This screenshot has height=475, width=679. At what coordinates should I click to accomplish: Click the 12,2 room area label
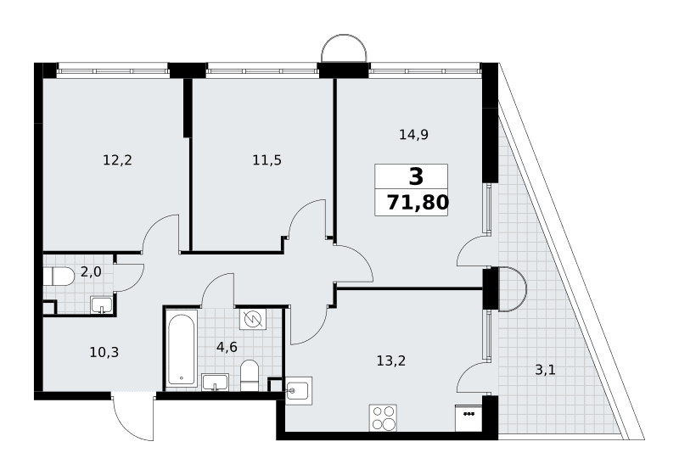click(117, 160)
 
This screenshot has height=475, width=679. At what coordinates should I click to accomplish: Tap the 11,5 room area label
click(267, 160)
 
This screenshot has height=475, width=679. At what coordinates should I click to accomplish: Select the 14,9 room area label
click(413, 135)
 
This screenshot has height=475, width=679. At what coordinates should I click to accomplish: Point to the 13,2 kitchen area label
click(391, 360)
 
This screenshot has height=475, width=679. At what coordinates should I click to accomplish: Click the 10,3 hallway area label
click(104, 352)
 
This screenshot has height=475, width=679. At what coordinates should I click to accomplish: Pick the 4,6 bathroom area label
click(227, 347)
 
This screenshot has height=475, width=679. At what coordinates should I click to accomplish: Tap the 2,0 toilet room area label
click(91, 271)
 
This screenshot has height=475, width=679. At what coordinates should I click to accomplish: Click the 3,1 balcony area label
click(545, 370)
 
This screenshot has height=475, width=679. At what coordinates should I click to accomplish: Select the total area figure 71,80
click(418, 202)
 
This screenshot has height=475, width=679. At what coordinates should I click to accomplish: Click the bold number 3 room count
click(416, 176)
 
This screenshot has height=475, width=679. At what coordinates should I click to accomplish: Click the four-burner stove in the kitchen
click(384, 418)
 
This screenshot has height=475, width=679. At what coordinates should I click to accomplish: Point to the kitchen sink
click(299, 391)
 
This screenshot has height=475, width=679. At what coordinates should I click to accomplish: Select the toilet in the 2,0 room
click(59, 277)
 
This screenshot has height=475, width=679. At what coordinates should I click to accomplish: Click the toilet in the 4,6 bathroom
click(249, 375)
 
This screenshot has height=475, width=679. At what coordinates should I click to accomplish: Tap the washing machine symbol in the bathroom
click(253, 319)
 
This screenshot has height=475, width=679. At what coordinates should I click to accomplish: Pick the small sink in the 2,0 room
click(102, 305)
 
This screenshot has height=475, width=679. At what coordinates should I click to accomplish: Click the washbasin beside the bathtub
click(216, 382)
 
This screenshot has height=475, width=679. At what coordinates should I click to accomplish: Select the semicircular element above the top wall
click(345, 48)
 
